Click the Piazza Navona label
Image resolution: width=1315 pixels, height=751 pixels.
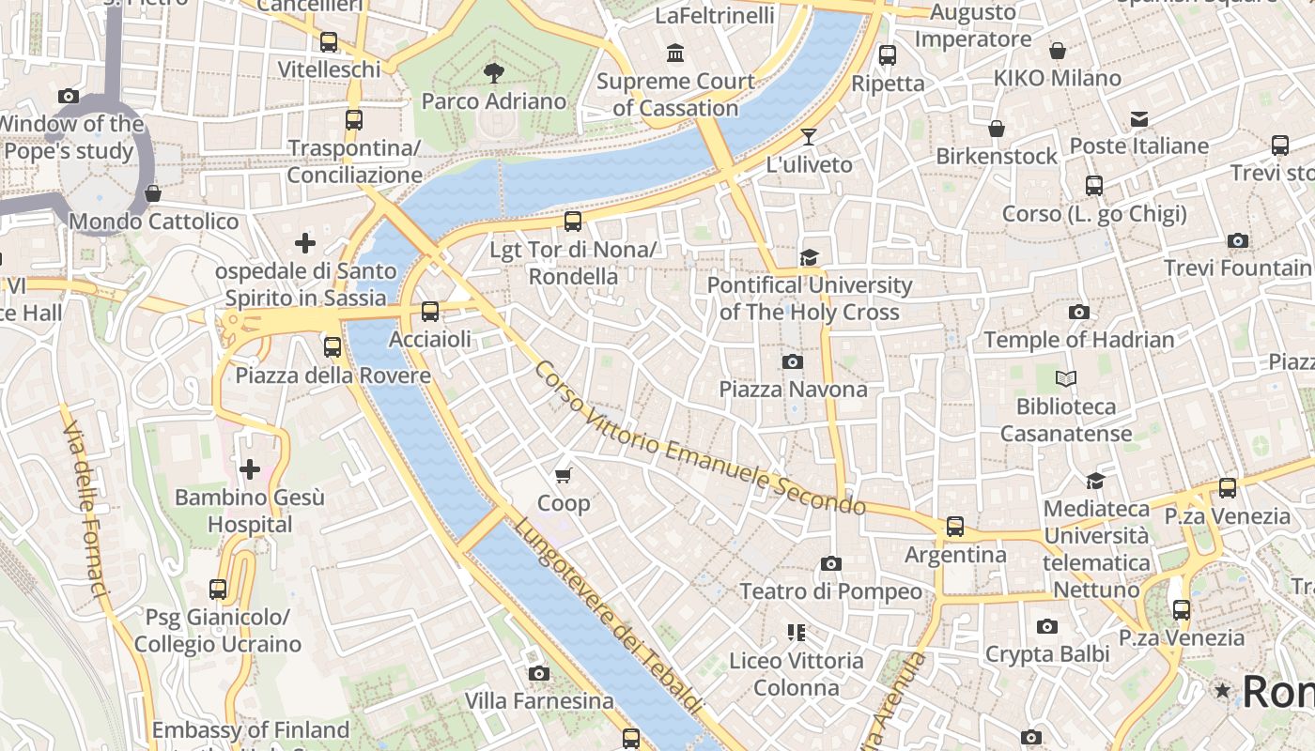click(793, 389)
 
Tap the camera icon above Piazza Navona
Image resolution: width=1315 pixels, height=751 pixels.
click(793, 361)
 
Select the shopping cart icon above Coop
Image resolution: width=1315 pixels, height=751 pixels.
click(564, 476)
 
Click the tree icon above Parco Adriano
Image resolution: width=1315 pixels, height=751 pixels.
click(493, 73)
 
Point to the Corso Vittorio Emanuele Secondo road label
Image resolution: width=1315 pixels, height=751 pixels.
click(699, 438)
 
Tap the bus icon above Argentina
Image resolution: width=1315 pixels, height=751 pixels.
click(955, 527)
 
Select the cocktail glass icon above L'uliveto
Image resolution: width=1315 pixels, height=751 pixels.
click(809, 137)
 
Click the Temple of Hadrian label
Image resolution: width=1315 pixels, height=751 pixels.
click(1078, 340)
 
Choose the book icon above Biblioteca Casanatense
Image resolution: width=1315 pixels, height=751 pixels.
click(1065, 379)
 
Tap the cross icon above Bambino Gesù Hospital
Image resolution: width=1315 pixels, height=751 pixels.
click(250, 468)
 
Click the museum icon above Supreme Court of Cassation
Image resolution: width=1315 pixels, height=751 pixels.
click(675, 54)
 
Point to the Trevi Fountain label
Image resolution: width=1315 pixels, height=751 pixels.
click(1237, 268)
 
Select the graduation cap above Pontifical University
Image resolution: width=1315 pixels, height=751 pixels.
click(809, 257)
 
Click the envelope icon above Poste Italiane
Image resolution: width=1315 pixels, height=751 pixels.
click(1139, 118)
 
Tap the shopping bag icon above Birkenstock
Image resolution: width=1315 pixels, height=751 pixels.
click(997, 129)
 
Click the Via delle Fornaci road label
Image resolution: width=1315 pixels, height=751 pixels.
click(86, 507)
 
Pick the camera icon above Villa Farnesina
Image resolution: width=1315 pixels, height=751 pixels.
click(539, 673)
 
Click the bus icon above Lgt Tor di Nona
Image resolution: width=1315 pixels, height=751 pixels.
click(573, 222)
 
